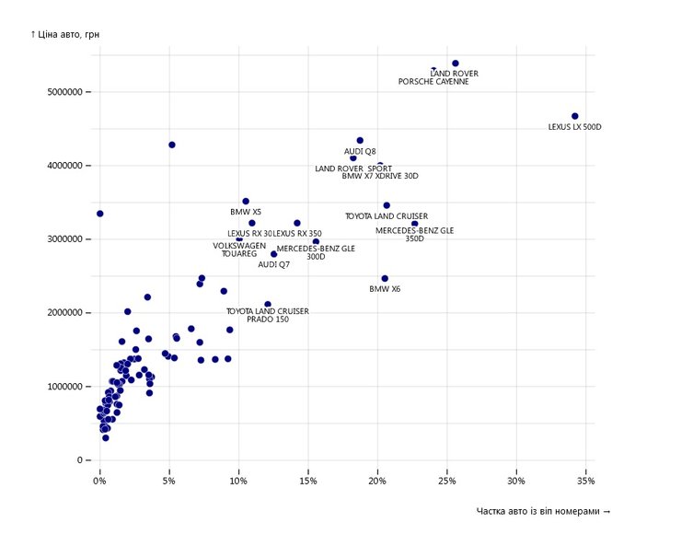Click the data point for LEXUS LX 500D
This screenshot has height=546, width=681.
pyautogui.click(x=575, y=116)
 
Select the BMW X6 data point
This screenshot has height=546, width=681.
pyautogui.click(x=385, y=278)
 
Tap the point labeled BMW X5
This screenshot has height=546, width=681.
pyautogui.click(x=246, y=201)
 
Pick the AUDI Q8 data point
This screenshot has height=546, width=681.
pyautogui.click(x=360, y=141)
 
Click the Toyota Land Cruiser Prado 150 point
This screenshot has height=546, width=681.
pyautogui.click(x=268, y=304)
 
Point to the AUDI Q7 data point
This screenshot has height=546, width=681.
pyautogui.click(x=273, y=254)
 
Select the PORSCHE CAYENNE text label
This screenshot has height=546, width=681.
pyautogui.click(x=433, y=82)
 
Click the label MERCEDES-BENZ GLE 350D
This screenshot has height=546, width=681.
pyautogui.click(x=415, y=234)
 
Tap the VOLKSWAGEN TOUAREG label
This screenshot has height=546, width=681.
pyautogui.click(x=239, y=250)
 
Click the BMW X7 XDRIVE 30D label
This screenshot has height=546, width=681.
pyautogui.click(x=380, y=176)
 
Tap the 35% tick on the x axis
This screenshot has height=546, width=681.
pyautogui.click(x=585, y=481)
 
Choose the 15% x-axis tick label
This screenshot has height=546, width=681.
pyautogui.click(x=308, y=481)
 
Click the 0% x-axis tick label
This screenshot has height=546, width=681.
pyautogui.click(x=99, y=481)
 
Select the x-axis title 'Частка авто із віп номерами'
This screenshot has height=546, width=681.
pyautogui.click(x=543, y=511)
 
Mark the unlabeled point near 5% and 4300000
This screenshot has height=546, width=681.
pyautogui.click(x=172, y=145)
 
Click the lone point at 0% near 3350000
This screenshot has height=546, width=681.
pyautogui.click(x=99, y=214)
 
